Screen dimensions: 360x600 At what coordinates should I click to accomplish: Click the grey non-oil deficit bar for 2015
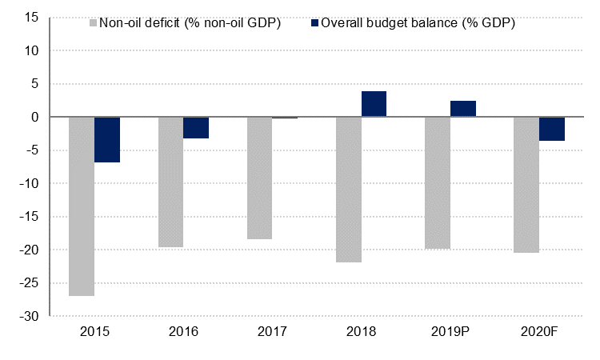(82, 206)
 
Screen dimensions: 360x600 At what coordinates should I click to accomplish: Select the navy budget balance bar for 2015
(107, 140)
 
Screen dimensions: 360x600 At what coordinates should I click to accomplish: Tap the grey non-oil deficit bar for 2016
(171, 182)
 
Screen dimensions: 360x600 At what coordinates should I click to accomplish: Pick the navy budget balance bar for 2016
(196, 128)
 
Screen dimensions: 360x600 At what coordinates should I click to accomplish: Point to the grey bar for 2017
(260, 178)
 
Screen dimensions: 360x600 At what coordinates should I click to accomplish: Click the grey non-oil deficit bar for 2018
(349, 190)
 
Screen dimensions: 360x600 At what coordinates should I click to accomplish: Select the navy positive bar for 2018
(374, 104)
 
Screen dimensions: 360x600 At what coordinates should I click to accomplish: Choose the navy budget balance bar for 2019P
(463, 109)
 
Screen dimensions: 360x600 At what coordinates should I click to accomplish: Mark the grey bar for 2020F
(526, 185)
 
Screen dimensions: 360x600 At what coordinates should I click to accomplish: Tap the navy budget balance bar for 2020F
(552, 129)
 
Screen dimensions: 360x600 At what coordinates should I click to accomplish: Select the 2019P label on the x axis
(450, 330)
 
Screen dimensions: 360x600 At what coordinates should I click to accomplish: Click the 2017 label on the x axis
(273, 330)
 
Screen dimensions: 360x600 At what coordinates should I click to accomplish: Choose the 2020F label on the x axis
(539, 330)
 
